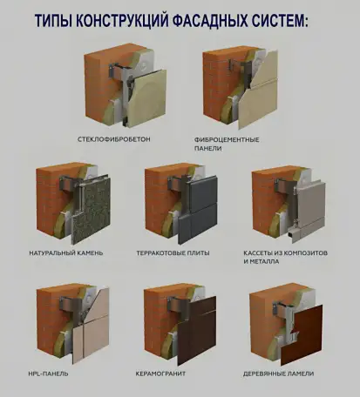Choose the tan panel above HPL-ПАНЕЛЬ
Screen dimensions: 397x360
[87, 334]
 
